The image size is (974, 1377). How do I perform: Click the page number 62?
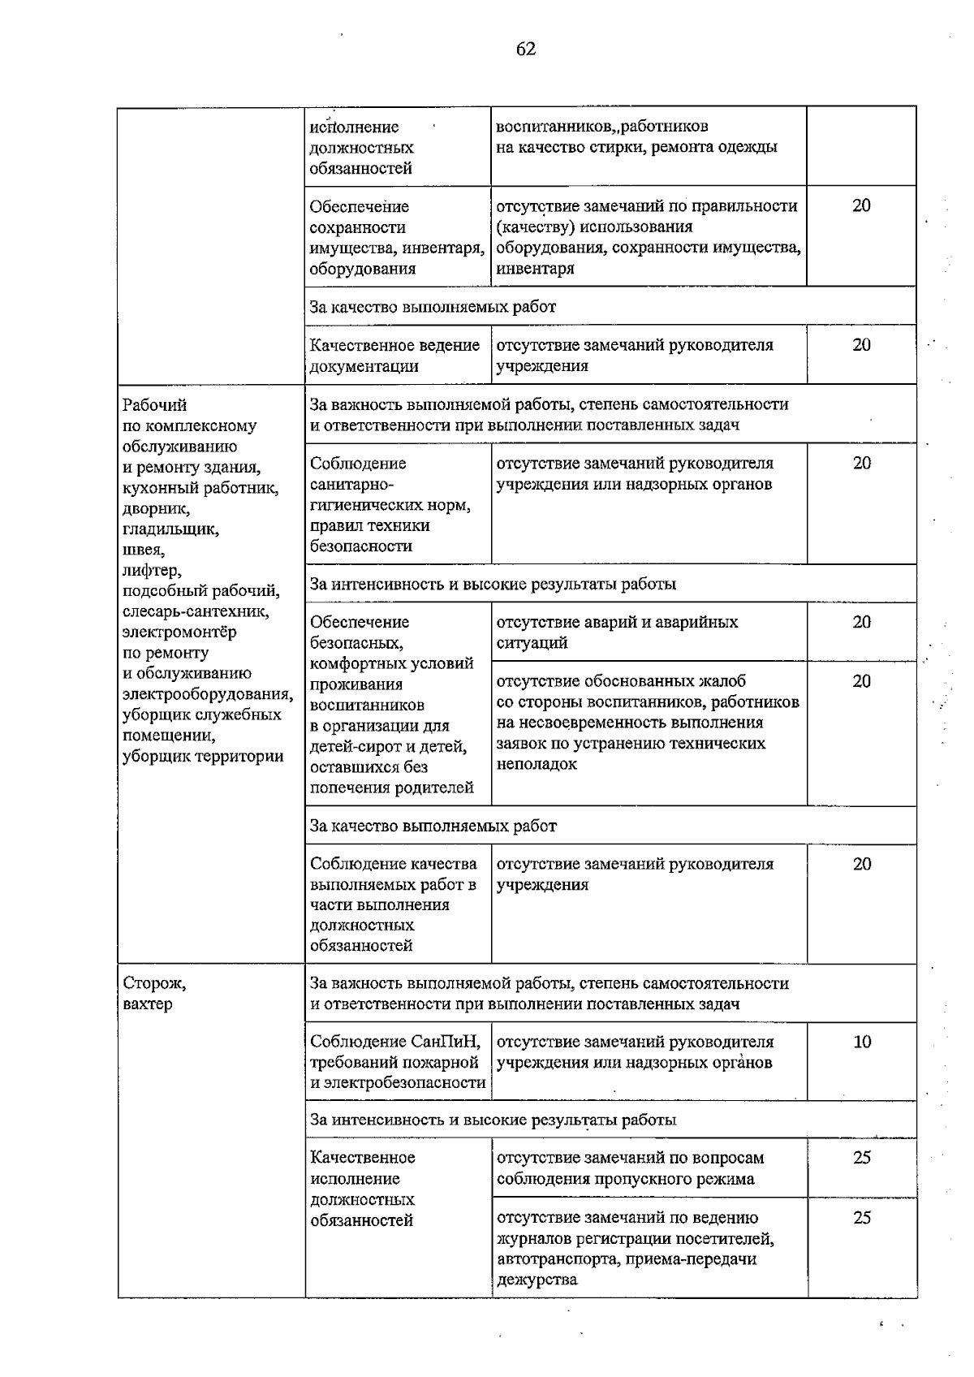pyautogui.click(x=525, y=50)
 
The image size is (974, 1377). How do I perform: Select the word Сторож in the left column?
pyautogui.click(x=153, y=983)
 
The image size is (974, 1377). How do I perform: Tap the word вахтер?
pyautogui.click(x=147, y=1004)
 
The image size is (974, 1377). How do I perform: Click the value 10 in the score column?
pyautogui.click(x=861, y=1042)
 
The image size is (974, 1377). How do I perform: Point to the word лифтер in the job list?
pyautogui.click(x=151, y=571)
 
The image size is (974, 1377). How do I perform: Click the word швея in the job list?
pyautogui.click(x=142, y=550)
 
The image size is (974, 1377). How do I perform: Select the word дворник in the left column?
pyautogui.click(x=155, y=509)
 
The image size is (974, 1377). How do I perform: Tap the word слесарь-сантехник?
pyautogui.click(x=195, y=611)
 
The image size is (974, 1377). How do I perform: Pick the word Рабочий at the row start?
pyautogui.click(x=154, y=404)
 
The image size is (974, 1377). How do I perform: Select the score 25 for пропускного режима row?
pyautogui.click(x=861, y=1158)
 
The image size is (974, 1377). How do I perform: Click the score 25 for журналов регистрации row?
pyautogui.click(x=861, y=1218)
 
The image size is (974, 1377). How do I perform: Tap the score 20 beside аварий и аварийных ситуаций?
pyautogui.click(x=861, y=622)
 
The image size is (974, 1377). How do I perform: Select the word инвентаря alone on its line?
pyautogui.click(x=535, y=269)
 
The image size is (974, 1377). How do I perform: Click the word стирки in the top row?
pyautogui.click(x=614, y=147)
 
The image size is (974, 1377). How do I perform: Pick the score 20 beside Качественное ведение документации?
pyautogui.click(x=861, y=345)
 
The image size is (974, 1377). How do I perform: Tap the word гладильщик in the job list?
pyautogui.click(x=170, y=529)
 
